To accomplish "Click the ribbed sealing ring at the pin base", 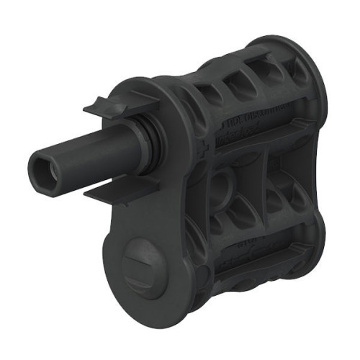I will (x=148, y=148).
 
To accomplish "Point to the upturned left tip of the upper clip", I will (x=89, y=107).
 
